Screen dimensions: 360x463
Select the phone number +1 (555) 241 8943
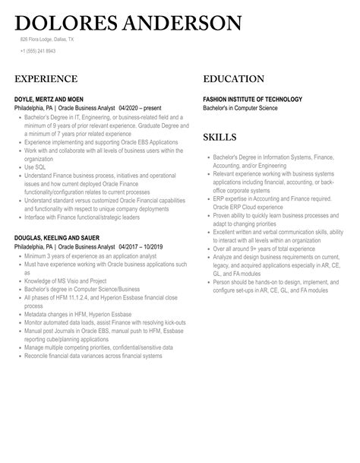tap(38, 51)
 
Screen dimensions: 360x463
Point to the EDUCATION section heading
tap(234, 78)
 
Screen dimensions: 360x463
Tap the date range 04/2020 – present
tap(142, 108)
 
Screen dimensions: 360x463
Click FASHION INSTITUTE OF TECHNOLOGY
tap(253, 99)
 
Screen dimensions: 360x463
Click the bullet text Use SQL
tap(35, 166)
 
